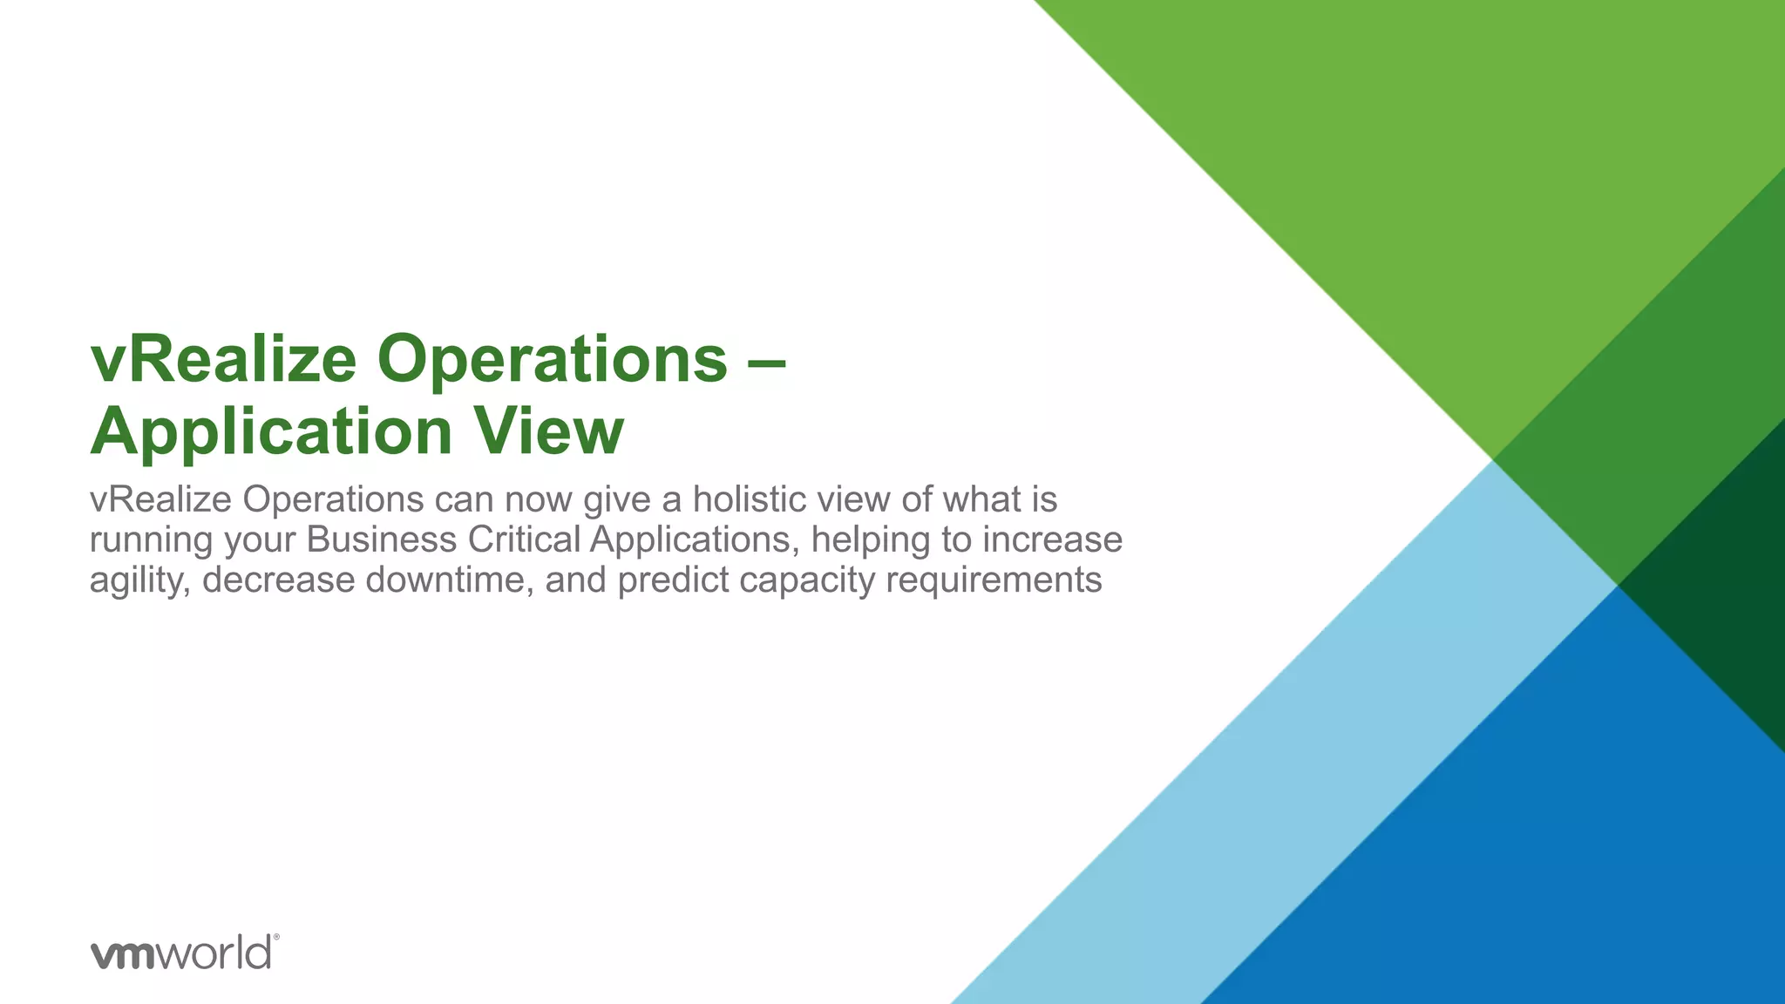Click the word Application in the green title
[271, 433]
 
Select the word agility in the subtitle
[139, 581]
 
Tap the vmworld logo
[181, 953]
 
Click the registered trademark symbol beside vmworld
[276, 938]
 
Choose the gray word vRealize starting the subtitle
[160, 500]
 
